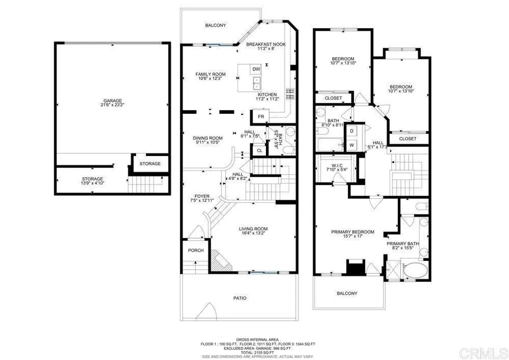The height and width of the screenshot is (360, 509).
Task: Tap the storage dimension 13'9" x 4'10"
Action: [92, 183]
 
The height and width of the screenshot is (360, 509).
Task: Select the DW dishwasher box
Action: [256, 69]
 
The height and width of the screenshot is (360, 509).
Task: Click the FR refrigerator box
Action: [261, 116]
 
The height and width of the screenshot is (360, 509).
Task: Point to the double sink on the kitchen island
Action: [257, 82]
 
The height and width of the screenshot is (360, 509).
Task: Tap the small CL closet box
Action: [259, 151]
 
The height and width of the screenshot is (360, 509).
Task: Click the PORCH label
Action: [196, 250]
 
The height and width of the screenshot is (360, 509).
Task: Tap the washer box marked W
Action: [352, 145]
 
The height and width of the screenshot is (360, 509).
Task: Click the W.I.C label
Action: [333, 167]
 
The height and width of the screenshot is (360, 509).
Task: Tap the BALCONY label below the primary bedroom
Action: [347, 293]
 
